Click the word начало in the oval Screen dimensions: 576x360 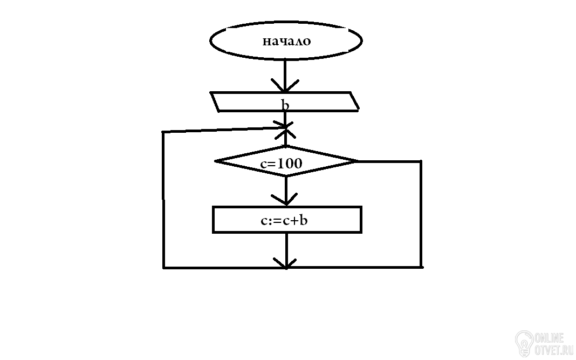286,41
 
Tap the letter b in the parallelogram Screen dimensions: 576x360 285,105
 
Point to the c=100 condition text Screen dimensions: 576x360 281,164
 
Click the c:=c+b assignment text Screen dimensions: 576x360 284,220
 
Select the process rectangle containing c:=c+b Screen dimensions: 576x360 214,220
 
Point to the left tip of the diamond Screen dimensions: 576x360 215,161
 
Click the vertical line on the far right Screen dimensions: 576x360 421,214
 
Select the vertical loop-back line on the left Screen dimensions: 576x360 163,200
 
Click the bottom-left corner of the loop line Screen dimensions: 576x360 163,268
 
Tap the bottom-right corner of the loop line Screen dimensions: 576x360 422,267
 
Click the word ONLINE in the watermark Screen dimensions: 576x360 549,338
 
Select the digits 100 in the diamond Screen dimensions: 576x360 290,164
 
